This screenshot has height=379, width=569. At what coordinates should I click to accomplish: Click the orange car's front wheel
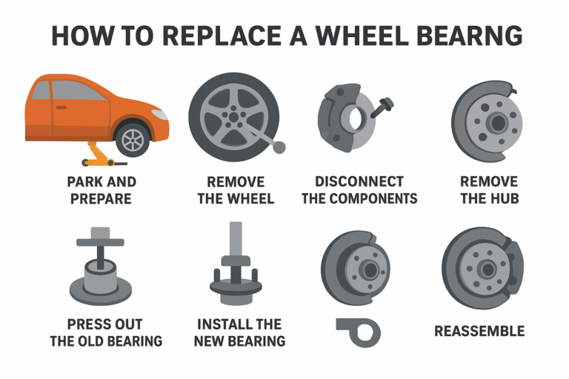click(133, 138)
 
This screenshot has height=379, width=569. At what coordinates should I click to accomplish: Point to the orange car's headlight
click(159, 115)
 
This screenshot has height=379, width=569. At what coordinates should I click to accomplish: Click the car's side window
click(77, 91)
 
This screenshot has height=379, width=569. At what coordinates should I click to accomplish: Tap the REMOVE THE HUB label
click(488, 190)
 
